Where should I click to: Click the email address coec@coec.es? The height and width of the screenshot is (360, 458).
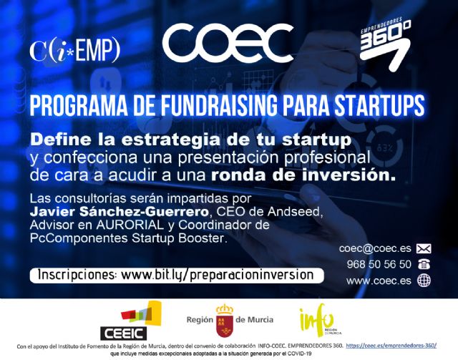375,248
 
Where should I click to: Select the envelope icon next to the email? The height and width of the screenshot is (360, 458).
424,249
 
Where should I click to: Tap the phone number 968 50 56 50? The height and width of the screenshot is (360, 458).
378,264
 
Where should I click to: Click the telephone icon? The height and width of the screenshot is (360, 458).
424,265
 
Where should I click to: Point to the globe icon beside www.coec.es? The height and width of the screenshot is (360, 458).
424,281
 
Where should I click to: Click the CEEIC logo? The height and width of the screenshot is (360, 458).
140,320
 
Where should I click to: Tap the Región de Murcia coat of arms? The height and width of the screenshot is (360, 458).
224,320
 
